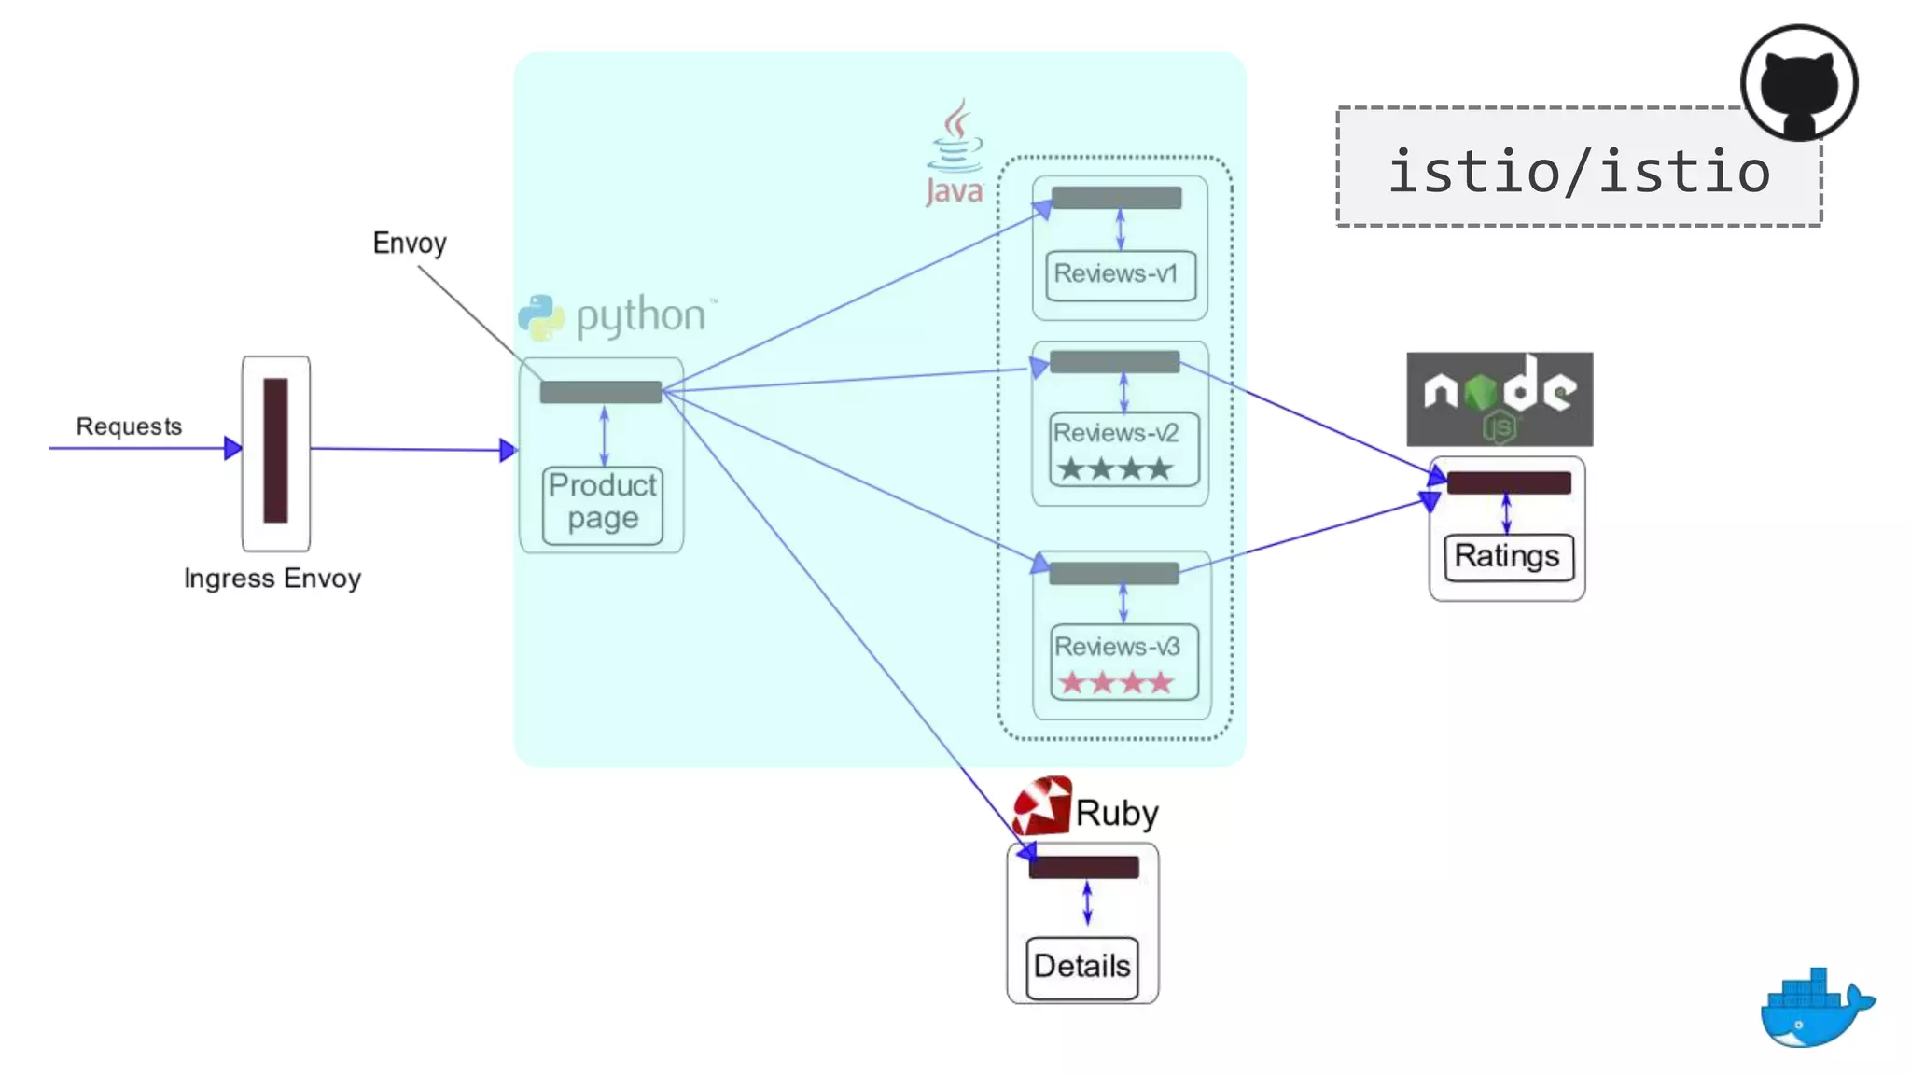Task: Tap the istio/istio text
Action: [x=1578, y=172]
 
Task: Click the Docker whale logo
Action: [x=1813, y=1010]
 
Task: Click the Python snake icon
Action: [x=541, y=317]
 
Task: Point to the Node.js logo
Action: [x=1499, y=398]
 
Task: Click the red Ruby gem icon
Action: [x=1042, y=806]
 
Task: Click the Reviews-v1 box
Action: [x=1120, y=274]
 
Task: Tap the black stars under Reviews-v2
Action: [x=1115, y=468]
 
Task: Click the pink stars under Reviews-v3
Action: [x=1116, y=683]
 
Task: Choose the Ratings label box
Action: [x=1507, y=557]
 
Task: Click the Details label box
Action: [x=1081, y=967]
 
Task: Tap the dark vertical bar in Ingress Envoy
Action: [x=275, y=451]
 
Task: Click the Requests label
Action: [x=129, y=426]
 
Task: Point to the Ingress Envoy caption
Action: [x=272, y=579]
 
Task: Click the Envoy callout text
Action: [x=409, y=244]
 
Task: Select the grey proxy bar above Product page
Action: [x=600, y=392]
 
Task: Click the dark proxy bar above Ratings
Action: [x=1508, y=482]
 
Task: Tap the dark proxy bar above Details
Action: [x=1083, y=867]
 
